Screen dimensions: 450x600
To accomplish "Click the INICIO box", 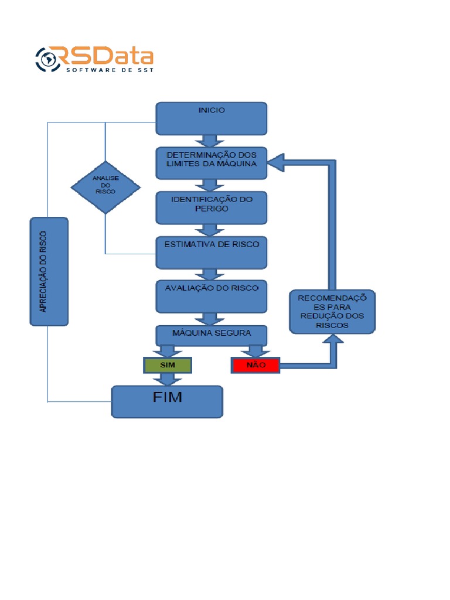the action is (211, 118).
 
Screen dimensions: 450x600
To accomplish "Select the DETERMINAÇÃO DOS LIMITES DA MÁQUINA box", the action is (211, 163).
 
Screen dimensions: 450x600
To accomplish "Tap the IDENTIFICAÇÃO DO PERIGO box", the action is (211, 208).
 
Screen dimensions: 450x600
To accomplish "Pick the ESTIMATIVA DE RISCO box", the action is (211, 253).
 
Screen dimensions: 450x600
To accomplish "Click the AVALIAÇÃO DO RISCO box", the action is (211, 296).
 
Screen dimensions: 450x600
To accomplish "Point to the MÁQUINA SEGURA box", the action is (211, 336).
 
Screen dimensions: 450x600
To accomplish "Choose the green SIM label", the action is (168, 365).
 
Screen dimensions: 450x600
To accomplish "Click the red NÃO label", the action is (255, 365).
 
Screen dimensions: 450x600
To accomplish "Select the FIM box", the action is (167, 401).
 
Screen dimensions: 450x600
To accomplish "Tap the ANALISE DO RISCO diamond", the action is (105, 187).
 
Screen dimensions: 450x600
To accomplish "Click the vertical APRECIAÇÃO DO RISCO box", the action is (49, 272).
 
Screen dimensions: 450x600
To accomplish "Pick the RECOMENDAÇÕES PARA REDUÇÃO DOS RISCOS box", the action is (332, 312).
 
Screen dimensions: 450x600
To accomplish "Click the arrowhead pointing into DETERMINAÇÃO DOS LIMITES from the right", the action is (275, 163).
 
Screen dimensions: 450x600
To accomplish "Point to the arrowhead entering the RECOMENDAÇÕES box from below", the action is (333, 339).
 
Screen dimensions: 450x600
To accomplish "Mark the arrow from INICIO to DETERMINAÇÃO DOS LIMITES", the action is (209, 141).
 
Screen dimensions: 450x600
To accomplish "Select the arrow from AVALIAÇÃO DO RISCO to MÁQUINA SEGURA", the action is (209, 319).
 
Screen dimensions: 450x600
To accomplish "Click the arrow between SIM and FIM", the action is (167, 379).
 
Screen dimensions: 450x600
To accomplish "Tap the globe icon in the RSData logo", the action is (48, 59).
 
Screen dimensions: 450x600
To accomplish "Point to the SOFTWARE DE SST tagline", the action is (110, 70).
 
